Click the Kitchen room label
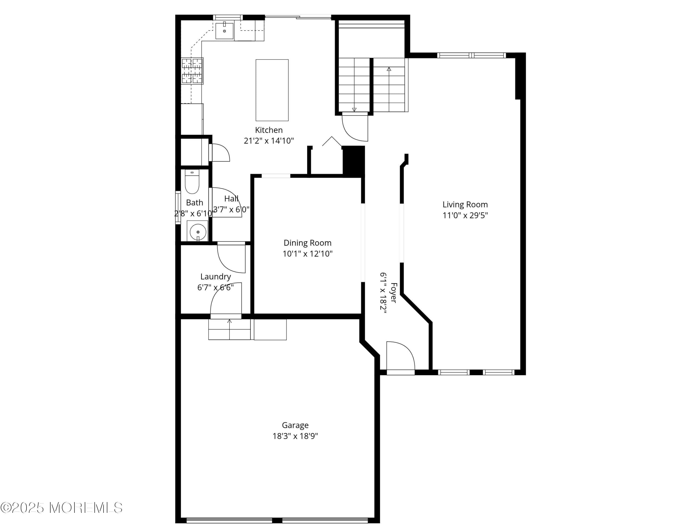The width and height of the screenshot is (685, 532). point(269,130)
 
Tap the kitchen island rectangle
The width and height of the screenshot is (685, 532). point(272,90)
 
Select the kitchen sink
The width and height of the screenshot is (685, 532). point(224,31)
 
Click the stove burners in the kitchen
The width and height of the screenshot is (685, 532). point(192,71)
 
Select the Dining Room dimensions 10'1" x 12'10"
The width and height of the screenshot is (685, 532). point(307,254)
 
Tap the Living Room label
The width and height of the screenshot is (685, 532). point(465,205)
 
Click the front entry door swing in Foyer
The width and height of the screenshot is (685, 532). point(400,357)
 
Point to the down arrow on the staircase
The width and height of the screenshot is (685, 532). point(354,109)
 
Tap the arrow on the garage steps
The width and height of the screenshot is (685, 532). point(229,321)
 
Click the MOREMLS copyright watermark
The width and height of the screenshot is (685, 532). point(61,508)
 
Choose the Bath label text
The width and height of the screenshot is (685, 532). point(195,203)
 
